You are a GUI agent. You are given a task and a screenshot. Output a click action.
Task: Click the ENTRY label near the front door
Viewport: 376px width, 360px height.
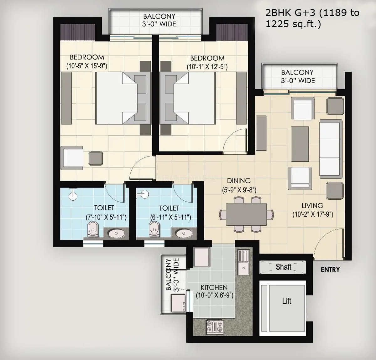[330, 270]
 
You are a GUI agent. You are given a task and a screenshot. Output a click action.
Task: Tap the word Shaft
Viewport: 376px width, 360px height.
[283, 267]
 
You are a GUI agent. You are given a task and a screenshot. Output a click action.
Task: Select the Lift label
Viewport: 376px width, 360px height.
[287, 301]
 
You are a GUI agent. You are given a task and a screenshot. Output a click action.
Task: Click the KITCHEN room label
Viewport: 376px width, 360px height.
[214, 287]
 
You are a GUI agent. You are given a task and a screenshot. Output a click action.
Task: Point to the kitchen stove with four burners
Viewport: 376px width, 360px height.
[215, 326]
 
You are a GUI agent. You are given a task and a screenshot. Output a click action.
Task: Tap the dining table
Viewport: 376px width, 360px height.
[246, 214]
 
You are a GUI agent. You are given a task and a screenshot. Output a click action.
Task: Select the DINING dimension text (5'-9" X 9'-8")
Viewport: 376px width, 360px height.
[239, 190]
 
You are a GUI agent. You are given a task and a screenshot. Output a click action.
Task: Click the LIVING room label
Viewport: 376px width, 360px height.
[312, 206]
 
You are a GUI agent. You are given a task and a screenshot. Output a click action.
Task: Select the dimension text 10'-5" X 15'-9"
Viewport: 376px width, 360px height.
[87, 66]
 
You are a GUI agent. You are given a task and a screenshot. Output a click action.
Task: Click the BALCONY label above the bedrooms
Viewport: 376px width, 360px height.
[159, 16]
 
